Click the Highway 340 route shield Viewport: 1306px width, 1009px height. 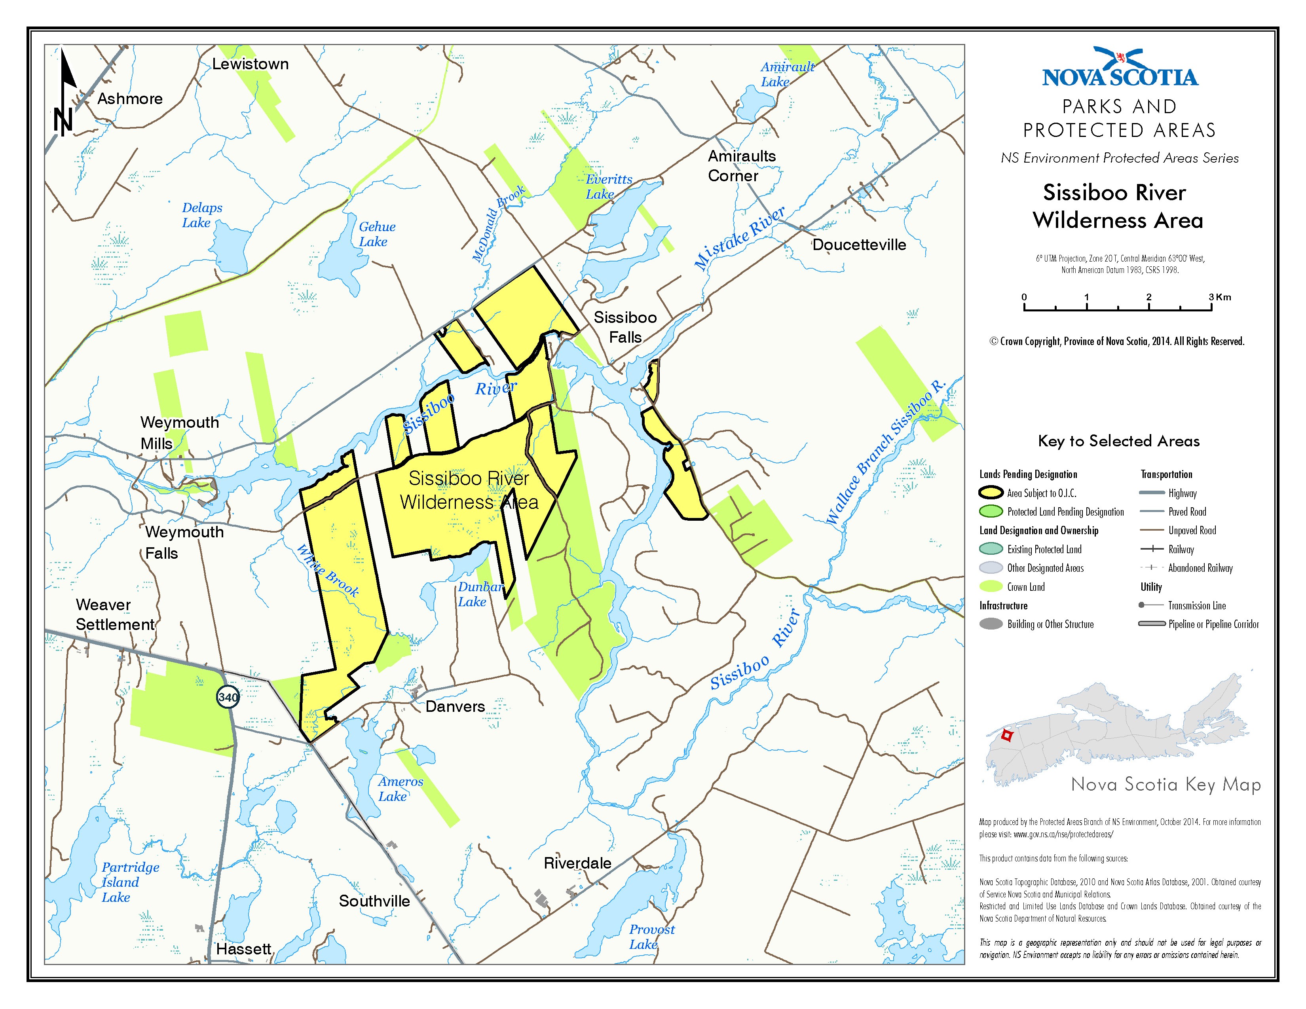[228, 696]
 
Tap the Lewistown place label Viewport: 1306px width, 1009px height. [250, 64]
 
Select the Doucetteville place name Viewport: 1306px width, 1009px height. [859, 245]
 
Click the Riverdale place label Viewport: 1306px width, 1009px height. [577, 863]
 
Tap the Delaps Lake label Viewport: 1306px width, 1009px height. [201, 215]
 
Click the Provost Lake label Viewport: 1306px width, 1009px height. [651, 937]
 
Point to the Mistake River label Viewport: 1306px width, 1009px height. [739, 238]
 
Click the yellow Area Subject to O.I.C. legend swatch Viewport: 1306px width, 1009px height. [991, 493]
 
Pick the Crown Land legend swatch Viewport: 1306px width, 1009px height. [991, 586]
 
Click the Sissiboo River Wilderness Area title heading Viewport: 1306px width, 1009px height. [1117, 206]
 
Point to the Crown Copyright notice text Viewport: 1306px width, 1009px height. [1116, 341]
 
